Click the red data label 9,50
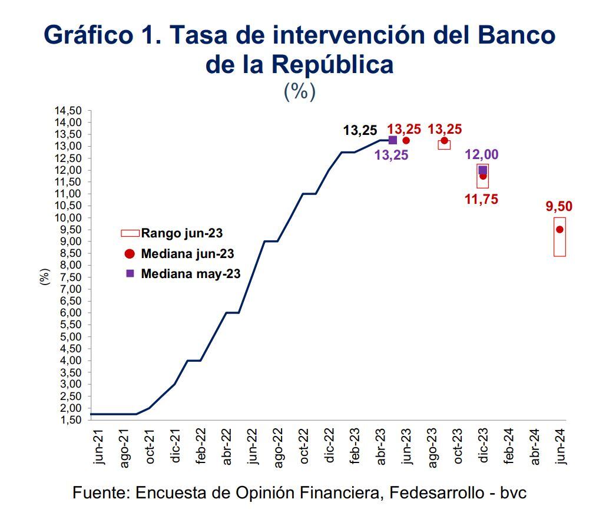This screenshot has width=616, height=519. coord(559,207)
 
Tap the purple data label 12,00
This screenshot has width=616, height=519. coord(482,155)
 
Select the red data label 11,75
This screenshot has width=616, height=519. coord(481,200)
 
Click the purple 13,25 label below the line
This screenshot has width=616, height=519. coord(391,156)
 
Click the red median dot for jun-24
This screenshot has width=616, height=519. coord(559,230)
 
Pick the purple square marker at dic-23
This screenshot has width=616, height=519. coord(483,170)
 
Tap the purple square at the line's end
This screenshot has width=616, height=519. coord(393,140)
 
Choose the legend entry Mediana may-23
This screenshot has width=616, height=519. coord(182,274)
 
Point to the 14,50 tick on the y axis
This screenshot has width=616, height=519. coord(67,111)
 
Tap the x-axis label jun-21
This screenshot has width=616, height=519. coord(98,447)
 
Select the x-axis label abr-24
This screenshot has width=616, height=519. coord(535,447)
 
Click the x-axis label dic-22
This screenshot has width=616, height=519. coord(329,447)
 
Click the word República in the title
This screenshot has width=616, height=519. coord(332,64)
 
